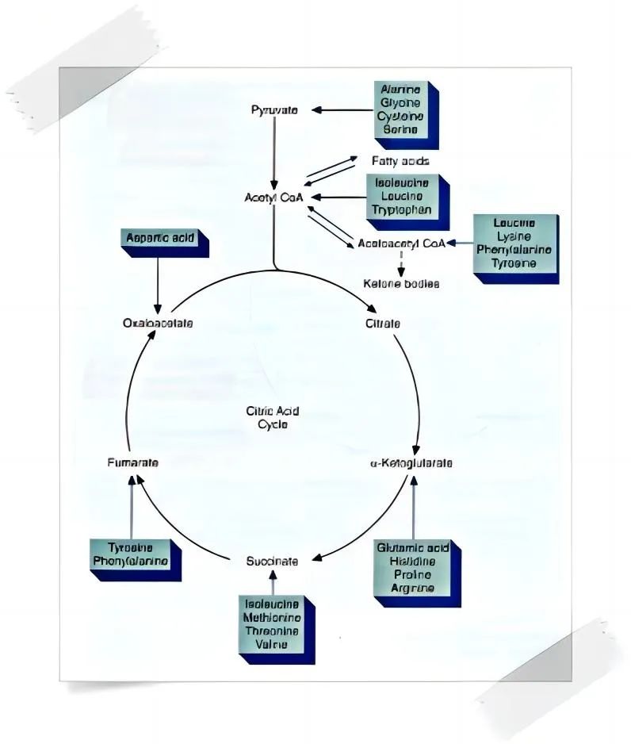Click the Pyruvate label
274,110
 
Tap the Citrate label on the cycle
382,324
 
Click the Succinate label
272,561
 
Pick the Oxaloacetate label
158,324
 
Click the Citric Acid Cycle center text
272,417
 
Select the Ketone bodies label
401,283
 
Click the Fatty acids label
400,161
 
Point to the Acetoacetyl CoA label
401,244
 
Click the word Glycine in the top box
400,103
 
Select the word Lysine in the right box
514,236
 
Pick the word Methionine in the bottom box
272,618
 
